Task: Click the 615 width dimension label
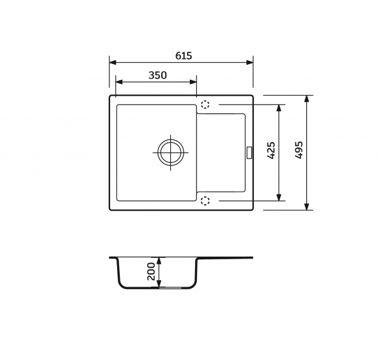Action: point(184,56)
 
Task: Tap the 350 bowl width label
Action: point(158,75)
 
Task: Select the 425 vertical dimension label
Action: point(271,151)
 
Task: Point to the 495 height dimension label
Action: point(298,150)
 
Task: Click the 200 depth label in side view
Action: point(151,271)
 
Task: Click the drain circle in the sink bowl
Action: point(171,153)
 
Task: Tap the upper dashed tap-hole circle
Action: point(205,105)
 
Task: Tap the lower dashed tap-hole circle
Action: point(205,200)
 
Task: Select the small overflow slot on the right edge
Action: point(249,153)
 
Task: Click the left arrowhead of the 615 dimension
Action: point(113,63)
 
